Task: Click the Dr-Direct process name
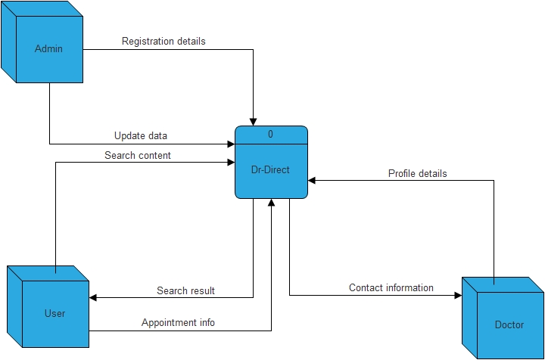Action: (270, 170)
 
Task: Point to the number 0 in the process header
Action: (270, 135)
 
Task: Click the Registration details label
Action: (163, 41)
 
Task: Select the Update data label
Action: (141, 135)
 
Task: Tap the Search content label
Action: (138, 155)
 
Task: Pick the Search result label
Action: (185, 290)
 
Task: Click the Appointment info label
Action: (178, 322)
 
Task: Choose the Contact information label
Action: (391, 287)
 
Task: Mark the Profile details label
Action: (417, 173)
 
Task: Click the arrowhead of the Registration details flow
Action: (254, 121)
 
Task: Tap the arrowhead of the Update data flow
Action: (230, 144)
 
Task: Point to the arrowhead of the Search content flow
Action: (230, 162)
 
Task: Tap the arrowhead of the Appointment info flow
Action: (271, 203)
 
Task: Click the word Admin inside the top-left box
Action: (48, 49)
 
